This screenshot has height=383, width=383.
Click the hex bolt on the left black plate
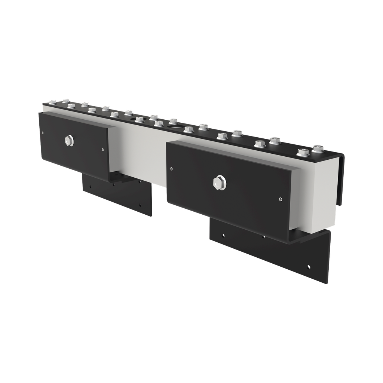[68, 141]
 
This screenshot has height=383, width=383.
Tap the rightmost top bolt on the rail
[318, 148]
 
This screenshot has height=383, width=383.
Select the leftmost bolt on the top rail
[52, 102]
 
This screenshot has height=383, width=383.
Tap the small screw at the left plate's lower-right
[102, 150]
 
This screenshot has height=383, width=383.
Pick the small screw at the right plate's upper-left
[171, 169]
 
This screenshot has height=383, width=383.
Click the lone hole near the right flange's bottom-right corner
[309, 267]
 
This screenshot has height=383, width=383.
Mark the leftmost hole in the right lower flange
[223, 236]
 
